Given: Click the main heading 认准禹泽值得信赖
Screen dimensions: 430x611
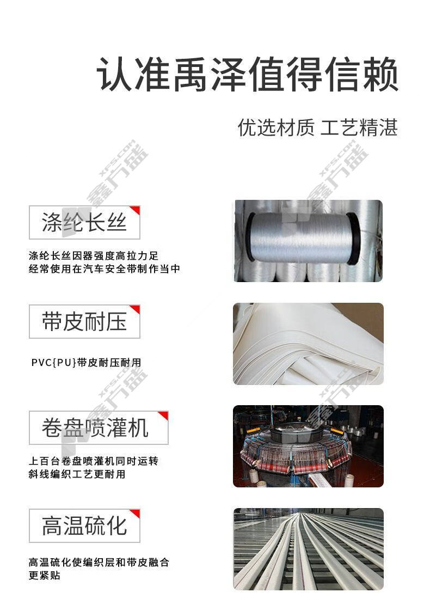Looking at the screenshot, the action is [x=247, y=74].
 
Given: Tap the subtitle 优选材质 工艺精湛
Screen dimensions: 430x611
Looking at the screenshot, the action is [x=317, y=127].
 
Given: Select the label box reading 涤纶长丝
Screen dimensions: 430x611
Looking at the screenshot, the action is [x=84, y=223].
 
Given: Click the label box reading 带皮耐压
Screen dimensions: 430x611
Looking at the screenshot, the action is [x=84, y=322].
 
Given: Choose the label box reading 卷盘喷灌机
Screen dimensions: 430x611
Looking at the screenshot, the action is [x=99, y=427].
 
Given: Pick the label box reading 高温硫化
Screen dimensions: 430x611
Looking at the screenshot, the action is [x=84, y=526].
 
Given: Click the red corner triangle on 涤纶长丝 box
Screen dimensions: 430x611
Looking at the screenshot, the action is [x=136, y=210].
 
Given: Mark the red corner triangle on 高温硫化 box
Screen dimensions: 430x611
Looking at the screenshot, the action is [x=136, y=513].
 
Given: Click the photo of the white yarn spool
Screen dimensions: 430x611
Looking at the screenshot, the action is [x=308, y=241].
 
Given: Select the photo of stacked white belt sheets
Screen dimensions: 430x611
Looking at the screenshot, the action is [x=308, y=344].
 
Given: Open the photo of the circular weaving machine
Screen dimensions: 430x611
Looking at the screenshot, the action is [x=308, y=446].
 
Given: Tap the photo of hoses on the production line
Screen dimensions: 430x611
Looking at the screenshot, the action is [x=308, y=549].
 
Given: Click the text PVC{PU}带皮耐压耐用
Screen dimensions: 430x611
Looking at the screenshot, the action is [x=86, y=363].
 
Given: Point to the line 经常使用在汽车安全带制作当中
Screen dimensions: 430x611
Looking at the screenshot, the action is [x=105, y=269].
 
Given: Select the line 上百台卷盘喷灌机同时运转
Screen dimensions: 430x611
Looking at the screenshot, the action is [x=94, y=461].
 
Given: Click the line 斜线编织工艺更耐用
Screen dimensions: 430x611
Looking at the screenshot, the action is [x=77, y=474].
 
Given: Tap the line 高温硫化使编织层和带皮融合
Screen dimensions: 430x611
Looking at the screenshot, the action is [x=99, y=563].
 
